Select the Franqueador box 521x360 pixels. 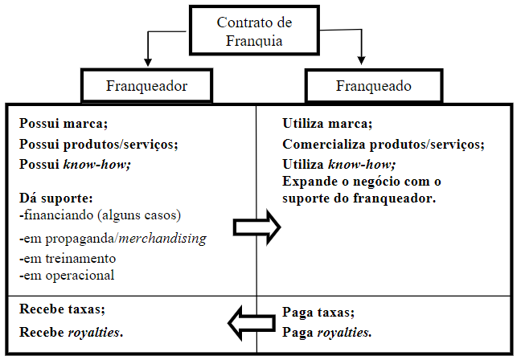coord(146,84)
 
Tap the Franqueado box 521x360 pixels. coord(373,84)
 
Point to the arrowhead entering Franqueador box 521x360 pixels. coord(146,62)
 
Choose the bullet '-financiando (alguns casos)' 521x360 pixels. coord(101,215)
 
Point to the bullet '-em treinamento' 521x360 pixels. coord(66,259)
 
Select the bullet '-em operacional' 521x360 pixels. coord(65,275)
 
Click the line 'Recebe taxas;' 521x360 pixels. coord(61,310)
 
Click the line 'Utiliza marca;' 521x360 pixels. coord(327,125)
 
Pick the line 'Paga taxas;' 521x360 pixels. coord(319,313)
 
